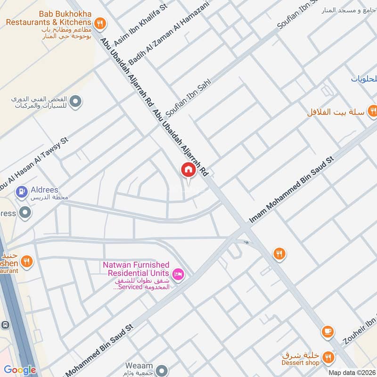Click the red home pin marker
(x=188, y=170)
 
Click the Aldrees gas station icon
(x=21, y=191)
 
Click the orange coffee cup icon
(x=327, y=332)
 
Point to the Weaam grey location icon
(x=162, y=369)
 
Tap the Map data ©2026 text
(x=351, y=373)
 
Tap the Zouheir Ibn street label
(x=357, y=330)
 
